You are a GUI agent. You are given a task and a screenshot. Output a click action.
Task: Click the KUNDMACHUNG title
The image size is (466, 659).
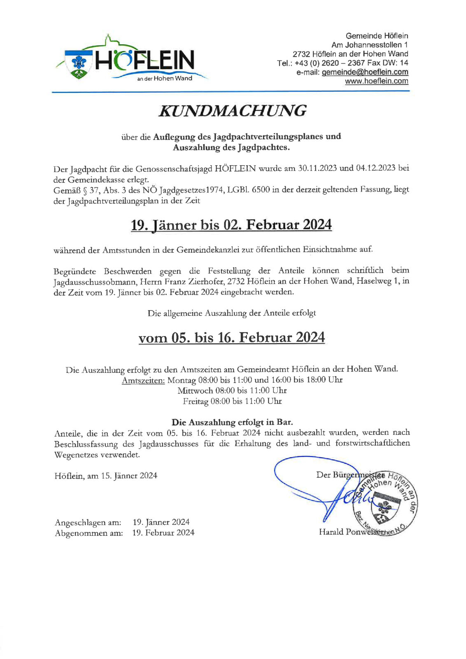pos(233,111)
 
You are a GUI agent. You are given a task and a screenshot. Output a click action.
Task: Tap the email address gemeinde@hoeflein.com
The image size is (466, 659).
pos(365,72)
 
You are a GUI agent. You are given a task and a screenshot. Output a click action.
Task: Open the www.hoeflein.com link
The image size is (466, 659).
pos(376,81)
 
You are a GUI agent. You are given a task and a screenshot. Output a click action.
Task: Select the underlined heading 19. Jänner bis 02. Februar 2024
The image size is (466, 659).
pos(231,225)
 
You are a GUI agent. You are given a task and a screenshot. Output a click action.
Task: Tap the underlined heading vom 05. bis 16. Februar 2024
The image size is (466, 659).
pos(231,338)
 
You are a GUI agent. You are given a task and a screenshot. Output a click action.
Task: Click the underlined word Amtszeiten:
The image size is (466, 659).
pos(143,380)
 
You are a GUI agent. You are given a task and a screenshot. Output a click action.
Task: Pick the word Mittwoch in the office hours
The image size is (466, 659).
pos(195,390)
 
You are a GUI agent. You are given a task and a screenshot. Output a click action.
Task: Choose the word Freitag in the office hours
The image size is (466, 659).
pos(196,401)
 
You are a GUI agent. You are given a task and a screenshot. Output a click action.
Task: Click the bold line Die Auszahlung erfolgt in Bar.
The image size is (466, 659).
pos(232,422)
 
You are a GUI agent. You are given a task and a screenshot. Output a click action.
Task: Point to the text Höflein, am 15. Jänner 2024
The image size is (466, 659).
pos(106,476)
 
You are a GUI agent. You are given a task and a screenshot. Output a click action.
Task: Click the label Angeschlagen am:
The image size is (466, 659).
pos(88,523)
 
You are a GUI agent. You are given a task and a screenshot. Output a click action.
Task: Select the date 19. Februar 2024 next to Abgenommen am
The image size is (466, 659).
pos(163,533)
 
